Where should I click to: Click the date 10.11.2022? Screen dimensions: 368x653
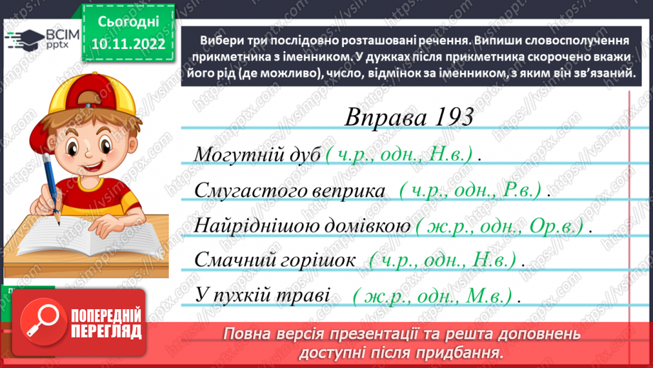click(128, 44)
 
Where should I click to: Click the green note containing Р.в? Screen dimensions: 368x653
click(471, 190)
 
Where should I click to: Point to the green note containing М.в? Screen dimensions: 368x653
click(436, 296)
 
